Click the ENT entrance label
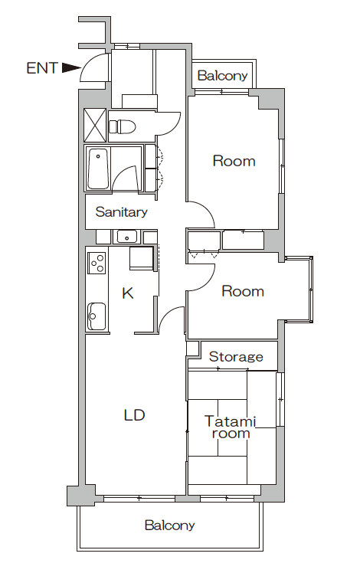click(x=42, y=68)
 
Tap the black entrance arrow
click(x=71, y=67)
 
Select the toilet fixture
click(x=123, y=127)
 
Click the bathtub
click(x=98, y=169)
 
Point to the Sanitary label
click(x=121, y=211)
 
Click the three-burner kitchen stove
click(x=97, y=263)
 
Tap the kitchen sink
click(x=97, y=316)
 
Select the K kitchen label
click(x=128, y=293)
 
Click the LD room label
click(x=135, y=414)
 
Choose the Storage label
click(x=236, y=356)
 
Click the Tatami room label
click(x=231, y=427)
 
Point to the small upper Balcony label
click(x=223, y=76)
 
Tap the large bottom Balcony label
click(x=169, y=526)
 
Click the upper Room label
click(x=234, y=161)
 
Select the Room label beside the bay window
click(x=243, y=291)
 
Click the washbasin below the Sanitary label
click(x=126, y=237)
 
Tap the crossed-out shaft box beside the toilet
click(x=95, y=125)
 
